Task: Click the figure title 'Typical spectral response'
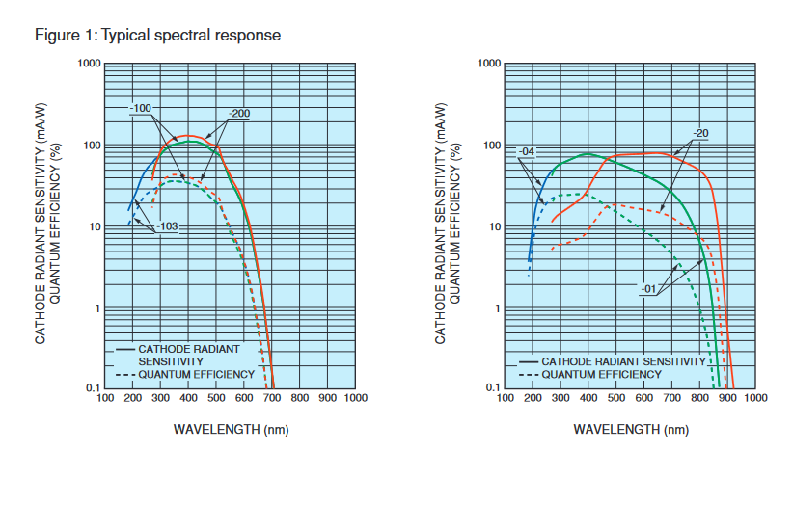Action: pyautogui.click(x=190, y=36)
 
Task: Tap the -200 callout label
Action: pyautogui.click(x=239, y=114)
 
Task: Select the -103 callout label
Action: pyautogui.click(x=165, y=227)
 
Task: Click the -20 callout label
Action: pyautogui.click(x=699, y=133)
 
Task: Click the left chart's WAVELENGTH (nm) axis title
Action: pyautogui.click(x=230, y=428)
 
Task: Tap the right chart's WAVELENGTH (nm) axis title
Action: pyautogui.click(x=631, y=429)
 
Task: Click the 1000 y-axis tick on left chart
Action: pyautogui.click(x=90, y=64)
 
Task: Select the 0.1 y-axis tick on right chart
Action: pyautogui.click(x=494, y=387)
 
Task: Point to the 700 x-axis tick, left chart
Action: pyautogui.click(x=272, y=398)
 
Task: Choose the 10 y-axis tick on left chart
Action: pyautogui.click(x=95, y=227)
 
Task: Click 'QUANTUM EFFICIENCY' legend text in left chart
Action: pyautogui.click(x=196, y=374)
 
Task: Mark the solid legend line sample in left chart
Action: pyautogui.click(x=124, y=348)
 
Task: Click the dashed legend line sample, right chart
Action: pyautogui.click(x=527, y=374)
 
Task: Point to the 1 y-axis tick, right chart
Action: pyautogui.click(x=498, y=309)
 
